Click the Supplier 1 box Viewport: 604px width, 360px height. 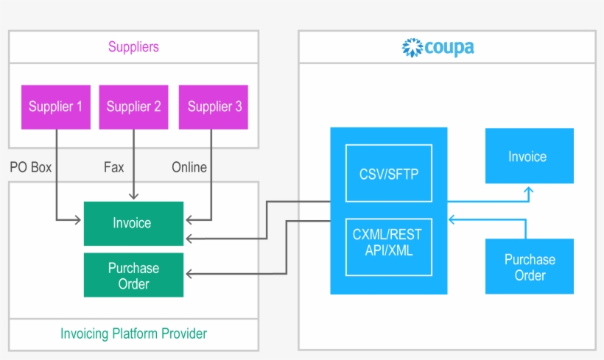click(x=56, y=107)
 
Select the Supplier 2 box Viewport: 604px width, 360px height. click(x=133, y=107)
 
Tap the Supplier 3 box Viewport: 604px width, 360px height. click(x=214, y=107)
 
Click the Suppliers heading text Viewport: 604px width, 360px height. click(x=133, y=47)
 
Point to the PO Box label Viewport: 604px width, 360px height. click(x=31, y=167)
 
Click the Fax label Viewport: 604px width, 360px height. click(x=114, y=167)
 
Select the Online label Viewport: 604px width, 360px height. click(x=189, y=167)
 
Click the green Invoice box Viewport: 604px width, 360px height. click(x=133, y=223)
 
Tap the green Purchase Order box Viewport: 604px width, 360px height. click(x=133, y=275)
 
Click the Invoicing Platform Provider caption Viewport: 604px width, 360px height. click(x=133, y=333)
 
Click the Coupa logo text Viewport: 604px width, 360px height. click(x=449, y=48)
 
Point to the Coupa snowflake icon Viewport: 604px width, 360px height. click(x=412, y=48)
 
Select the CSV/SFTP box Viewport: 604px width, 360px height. click(x=388, y=174)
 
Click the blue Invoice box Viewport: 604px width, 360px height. click(x=528, y=156)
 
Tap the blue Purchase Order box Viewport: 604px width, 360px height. click(x=530, y=267)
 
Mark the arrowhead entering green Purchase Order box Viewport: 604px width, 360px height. click(x=189, y=274)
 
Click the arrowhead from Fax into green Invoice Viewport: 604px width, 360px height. click(x=133, y=196)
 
